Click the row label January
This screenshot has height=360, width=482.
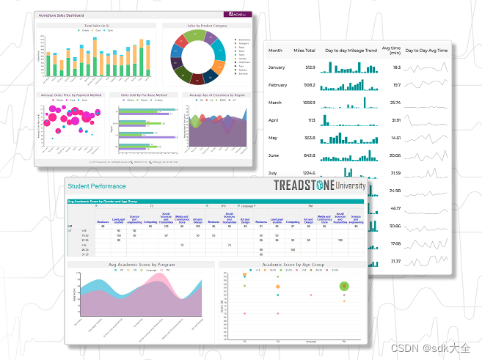[277, 67]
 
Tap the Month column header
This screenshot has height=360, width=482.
[275, 51]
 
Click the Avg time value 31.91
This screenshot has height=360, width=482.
[395, 120]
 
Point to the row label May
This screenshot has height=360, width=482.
[274, 138]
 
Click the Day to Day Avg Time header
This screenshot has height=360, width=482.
[426, 51]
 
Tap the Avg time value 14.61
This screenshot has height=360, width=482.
[395, 138]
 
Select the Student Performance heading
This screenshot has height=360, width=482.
[97, 186]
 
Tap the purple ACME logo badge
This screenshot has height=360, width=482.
[238, 15]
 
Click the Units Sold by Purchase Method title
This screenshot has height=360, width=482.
[143, 95]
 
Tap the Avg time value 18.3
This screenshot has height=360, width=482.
[395, 67]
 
